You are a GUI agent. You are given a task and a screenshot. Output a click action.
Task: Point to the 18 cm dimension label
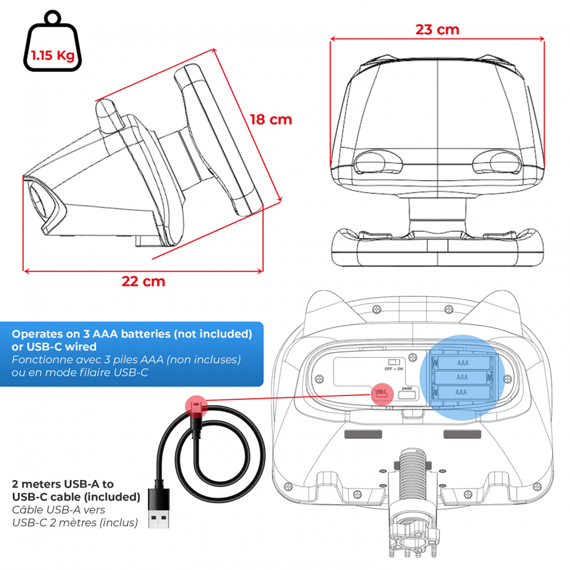[x=271, y=119]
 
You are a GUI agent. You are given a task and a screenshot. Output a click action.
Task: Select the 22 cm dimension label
[x=143, y=281]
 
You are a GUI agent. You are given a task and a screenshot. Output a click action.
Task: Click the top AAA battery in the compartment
[x=462, y=362]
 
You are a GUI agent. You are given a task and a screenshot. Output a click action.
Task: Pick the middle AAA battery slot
[x=462, y=377]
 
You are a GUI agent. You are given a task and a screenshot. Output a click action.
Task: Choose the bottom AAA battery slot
[x=462, y=392]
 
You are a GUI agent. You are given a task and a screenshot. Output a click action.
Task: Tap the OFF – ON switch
[x=393, y=362]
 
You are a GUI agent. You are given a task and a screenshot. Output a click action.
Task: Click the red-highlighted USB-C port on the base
[x=381, y=393]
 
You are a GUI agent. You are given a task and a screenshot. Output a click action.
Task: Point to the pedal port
[x=406, y=394]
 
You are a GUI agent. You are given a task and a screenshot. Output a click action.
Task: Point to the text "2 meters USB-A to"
[x=63, y=484]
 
